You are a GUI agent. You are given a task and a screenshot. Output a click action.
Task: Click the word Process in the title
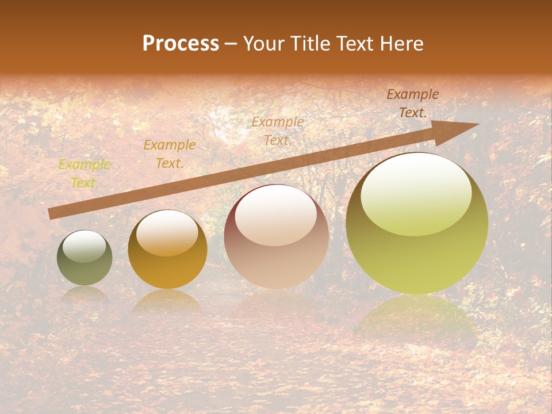181,44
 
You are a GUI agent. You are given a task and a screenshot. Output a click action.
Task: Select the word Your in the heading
264,44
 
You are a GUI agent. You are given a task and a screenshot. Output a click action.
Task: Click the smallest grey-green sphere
85,258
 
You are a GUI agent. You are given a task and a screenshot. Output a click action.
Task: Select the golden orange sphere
167,250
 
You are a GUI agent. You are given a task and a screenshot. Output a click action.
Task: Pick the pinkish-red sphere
276,237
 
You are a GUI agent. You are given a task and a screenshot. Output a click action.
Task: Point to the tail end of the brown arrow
51,213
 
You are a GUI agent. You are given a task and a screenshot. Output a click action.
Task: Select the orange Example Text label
169,154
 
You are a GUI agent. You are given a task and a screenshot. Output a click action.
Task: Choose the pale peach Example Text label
278,131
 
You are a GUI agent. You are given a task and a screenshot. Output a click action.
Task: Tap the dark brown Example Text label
412,103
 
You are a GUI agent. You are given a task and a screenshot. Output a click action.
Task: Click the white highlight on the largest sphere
416,194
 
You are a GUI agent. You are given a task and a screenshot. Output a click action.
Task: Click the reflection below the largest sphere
416,322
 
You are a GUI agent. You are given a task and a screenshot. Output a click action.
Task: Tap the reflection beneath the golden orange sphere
167,302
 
